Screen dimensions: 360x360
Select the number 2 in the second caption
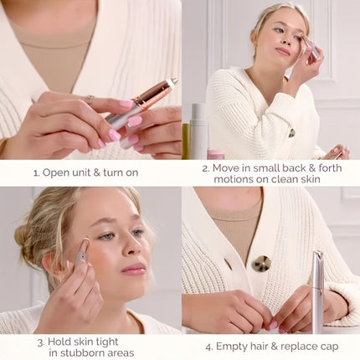tap(205, 167)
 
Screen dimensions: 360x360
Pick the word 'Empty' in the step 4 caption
tap(227, 342)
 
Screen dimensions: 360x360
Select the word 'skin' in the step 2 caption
tap(321, 179)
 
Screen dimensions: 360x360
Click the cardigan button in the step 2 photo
tap(291, 132)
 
